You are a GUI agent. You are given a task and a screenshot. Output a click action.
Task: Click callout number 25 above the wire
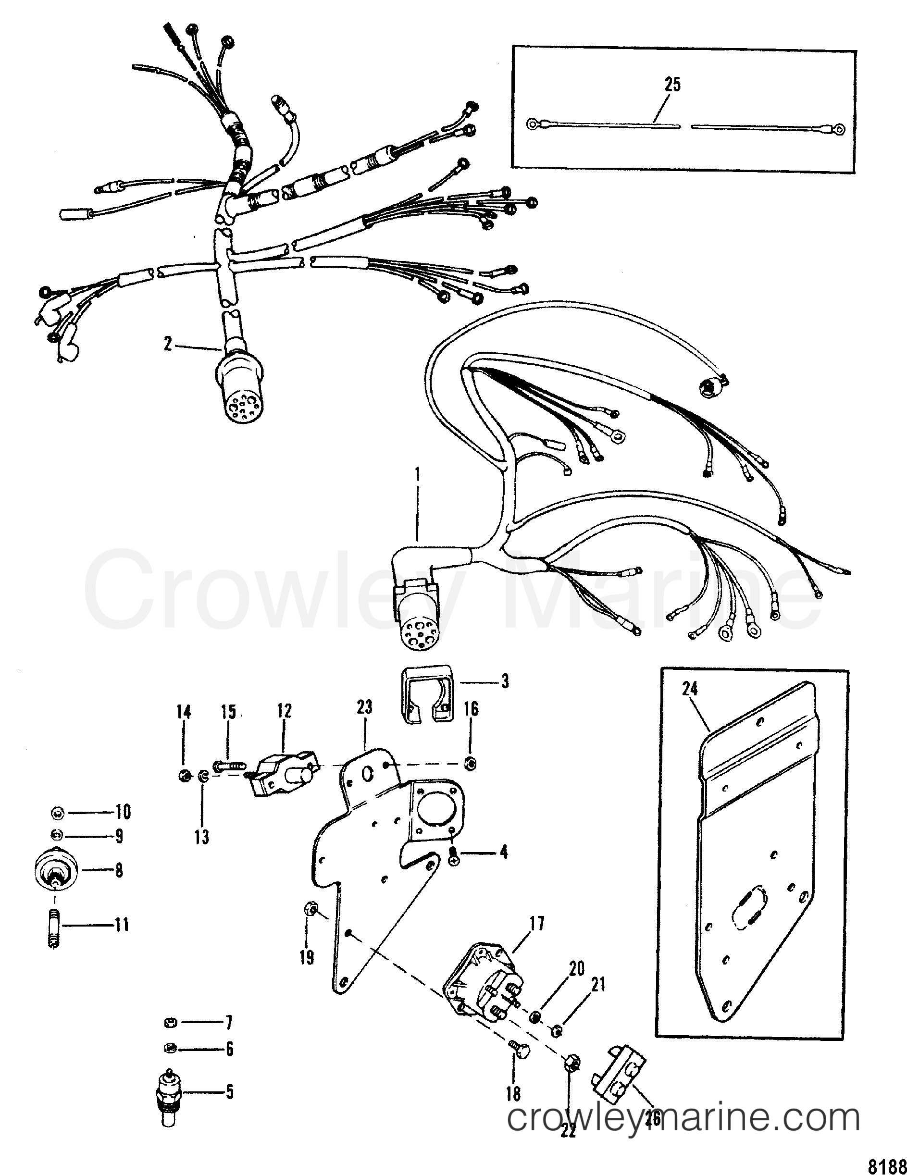pyautogui.click(x=672, y=85)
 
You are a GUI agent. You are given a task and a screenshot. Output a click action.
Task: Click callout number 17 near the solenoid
pyautogui.click(x=536, y=924)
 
